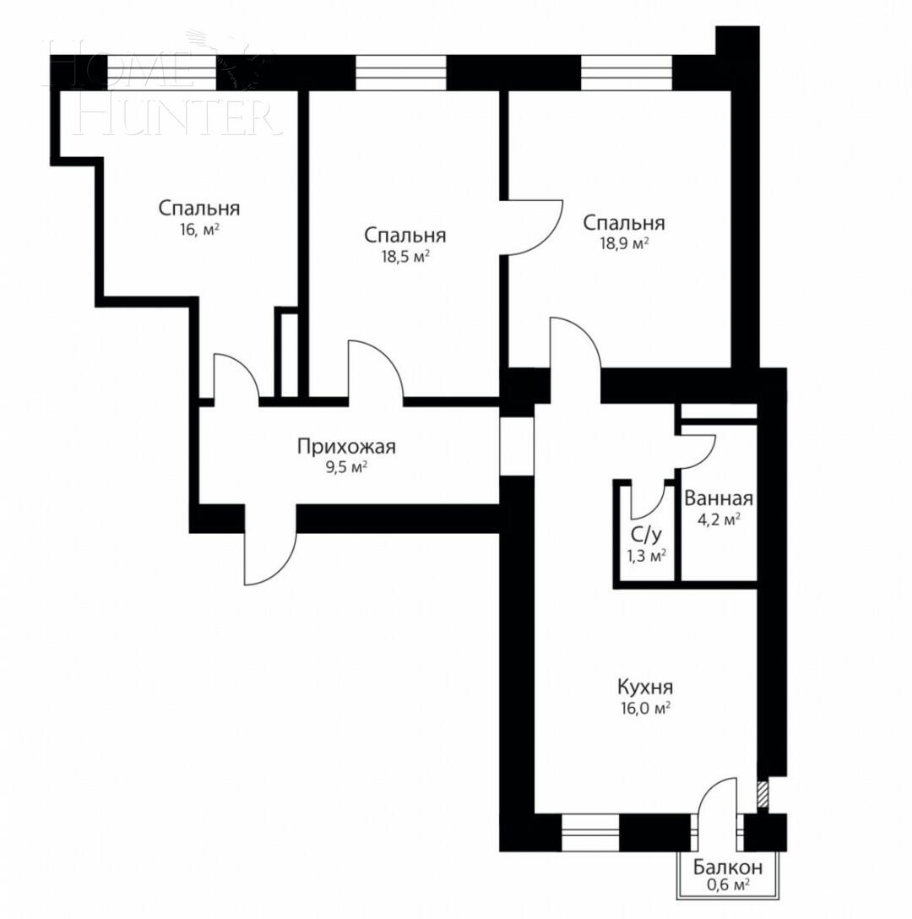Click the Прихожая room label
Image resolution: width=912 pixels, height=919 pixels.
click(346, 446)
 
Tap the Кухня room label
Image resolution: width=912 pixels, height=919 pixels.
click(644, 686)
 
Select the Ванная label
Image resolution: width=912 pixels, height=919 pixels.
click(719, 498)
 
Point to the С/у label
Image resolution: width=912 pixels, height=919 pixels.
click(646, 534)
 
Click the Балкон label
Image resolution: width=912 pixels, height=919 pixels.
click(728, 867)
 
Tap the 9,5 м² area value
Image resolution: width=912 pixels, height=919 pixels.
click(346, 467)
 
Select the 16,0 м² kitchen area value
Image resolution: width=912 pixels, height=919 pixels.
click(644, 708)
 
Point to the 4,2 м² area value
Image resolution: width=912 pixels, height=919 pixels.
click(719, 519)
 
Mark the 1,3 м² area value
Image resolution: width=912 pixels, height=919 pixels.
click(646, 555)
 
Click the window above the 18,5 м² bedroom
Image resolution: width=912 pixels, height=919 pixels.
click(400, 73)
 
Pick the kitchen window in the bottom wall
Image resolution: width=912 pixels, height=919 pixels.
click(590, 832)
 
